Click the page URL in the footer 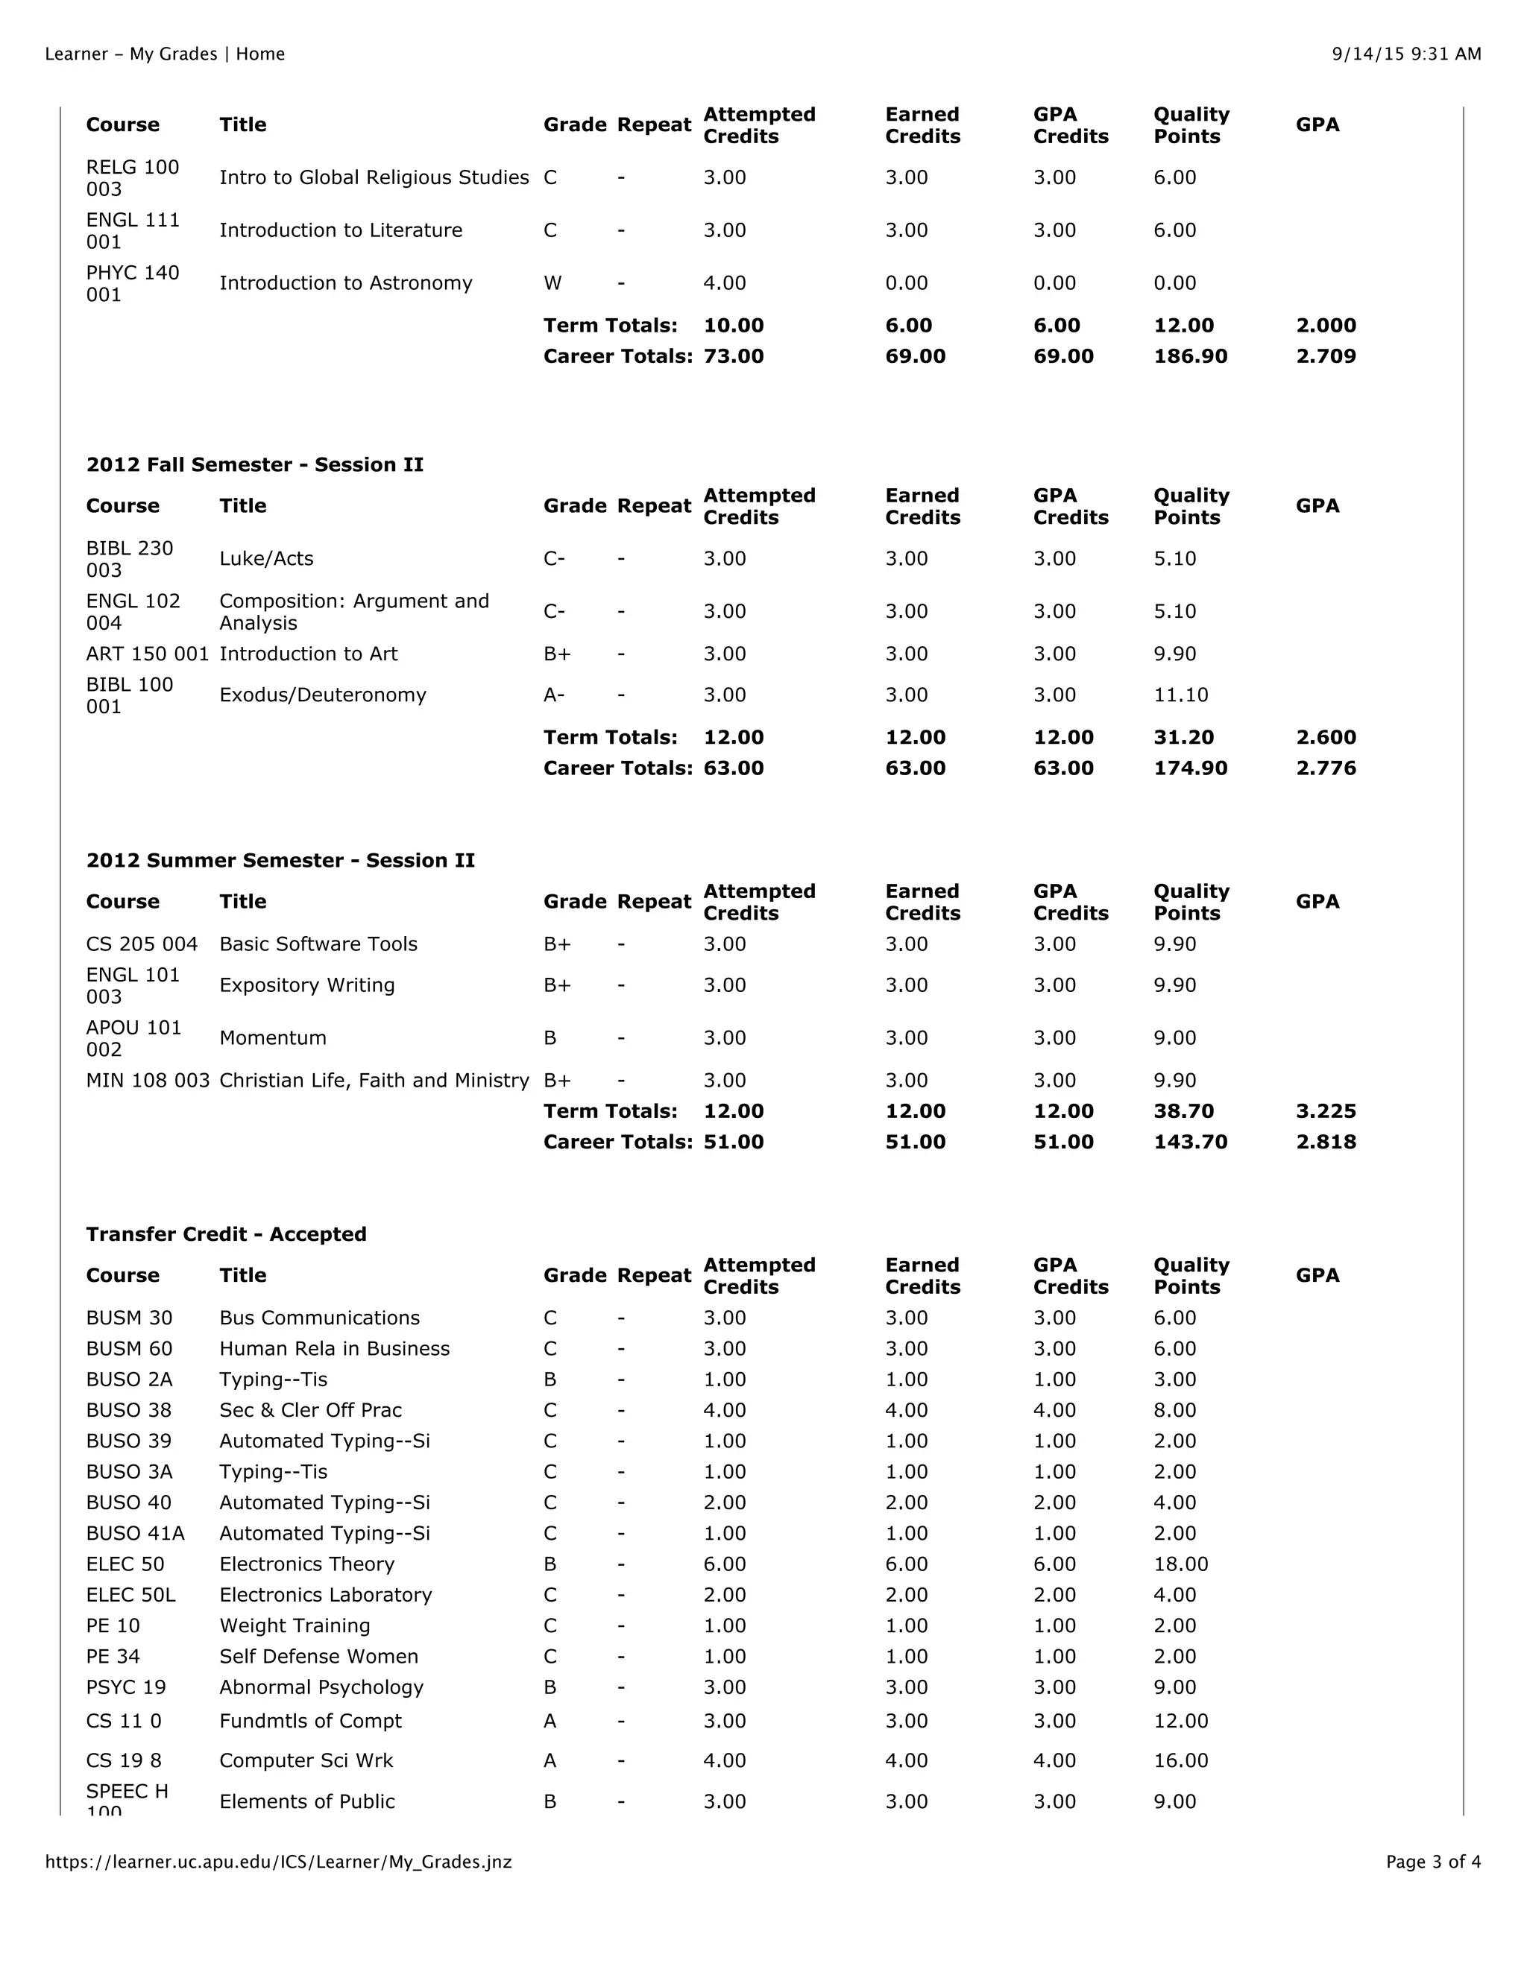[x=279, y=1862]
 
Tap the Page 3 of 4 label [x=1433, y=1862]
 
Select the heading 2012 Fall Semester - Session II [x=254, y=465]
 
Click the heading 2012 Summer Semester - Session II [x=280, y=860]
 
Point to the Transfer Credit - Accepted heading [x=226, y=1234]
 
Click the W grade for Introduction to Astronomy [x=552, y=283]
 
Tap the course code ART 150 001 [x=148, y=654]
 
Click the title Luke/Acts [x=266, y=559]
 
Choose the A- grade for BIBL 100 [x=554, y=695]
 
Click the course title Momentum [x=272, y=1038]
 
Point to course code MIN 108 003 [x=148, y=1081]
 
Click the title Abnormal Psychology [x=321, y=1687]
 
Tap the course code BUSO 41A [x=135, y=1534]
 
